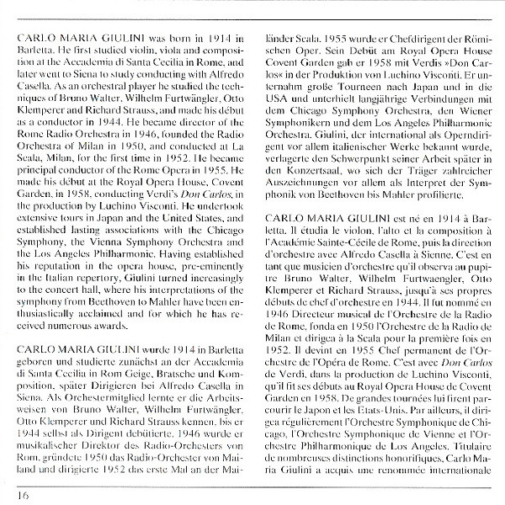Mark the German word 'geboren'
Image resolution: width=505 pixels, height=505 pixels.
point(38,343)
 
